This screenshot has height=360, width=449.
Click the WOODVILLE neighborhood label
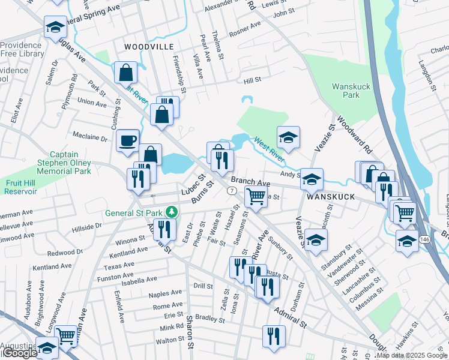click(x=148, y=46)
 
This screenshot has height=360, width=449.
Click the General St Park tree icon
click(x=172, y=212)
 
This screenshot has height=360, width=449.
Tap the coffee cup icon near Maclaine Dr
click(x=127, y=140)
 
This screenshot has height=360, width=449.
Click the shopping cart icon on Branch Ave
click(x=256, y=196)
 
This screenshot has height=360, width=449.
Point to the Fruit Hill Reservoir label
click(x=20, y=187)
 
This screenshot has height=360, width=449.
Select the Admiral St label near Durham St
click(x=291, y=319)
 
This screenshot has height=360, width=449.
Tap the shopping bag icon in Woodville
click(x=126, y=73)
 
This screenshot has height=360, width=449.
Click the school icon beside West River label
click(x=288, y=137)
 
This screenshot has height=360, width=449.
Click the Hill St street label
click(x=252, y=80)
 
